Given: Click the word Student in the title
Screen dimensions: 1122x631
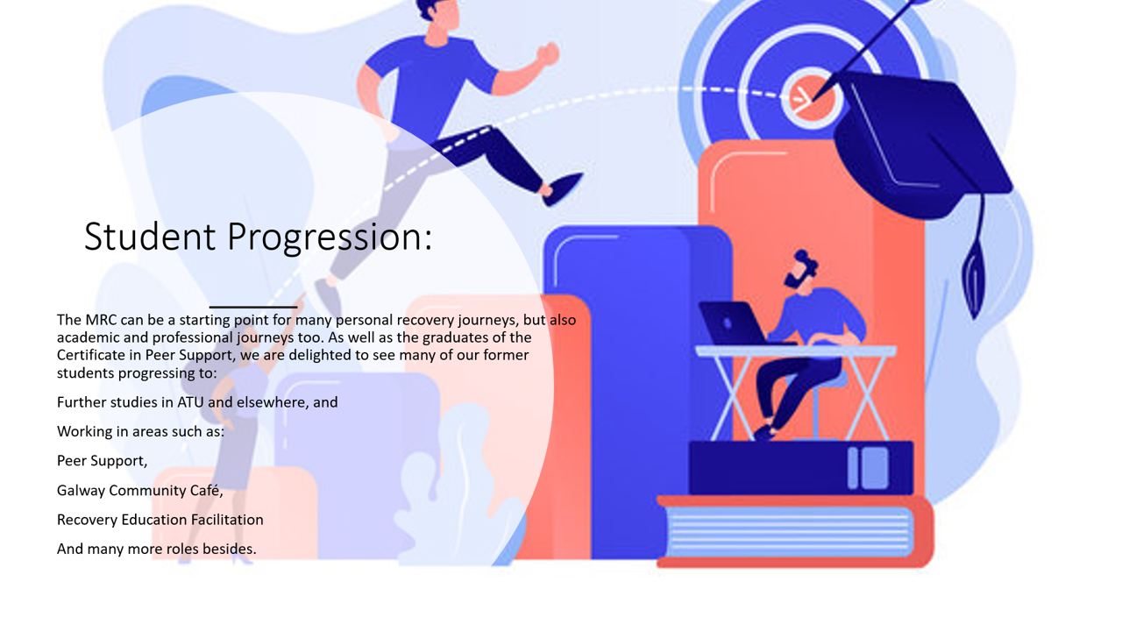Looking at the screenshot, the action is (x=150, y=236).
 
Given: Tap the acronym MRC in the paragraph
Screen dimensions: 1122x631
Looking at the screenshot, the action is (x=101, y=320).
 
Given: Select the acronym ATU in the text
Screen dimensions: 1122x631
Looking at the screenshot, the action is (x=190, y=402).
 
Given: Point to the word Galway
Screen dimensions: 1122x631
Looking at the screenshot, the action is (x=81, y=491).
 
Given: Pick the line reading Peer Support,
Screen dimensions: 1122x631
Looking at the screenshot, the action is (x=103, y=461).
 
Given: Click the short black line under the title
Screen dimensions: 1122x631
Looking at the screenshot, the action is (x=253, y=307).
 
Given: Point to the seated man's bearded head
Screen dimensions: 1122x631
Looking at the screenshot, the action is (x=801, y=272).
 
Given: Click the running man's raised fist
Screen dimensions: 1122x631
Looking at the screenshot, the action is (x=548, y=53).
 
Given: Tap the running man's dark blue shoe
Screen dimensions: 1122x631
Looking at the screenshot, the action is (x=564, y=188).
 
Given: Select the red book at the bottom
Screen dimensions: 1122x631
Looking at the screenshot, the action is (x=795, y=532).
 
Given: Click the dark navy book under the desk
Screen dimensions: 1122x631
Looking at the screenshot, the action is (x=801, y=468).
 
